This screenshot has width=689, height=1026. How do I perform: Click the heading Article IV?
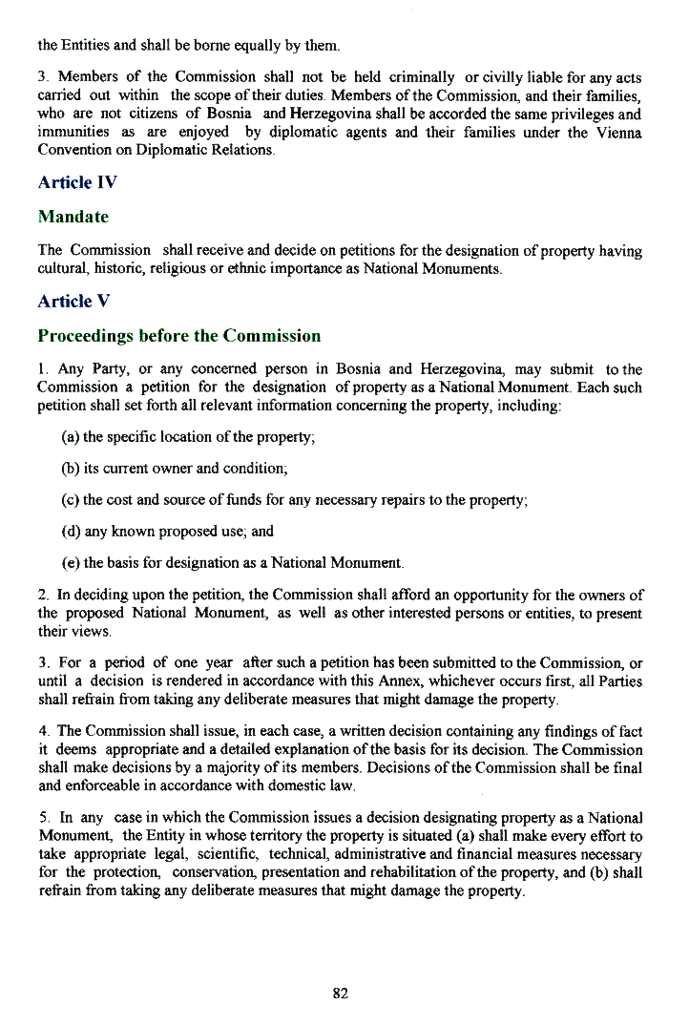(x=77, y=181)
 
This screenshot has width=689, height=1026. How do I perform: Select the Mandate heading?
(x=73, y=217)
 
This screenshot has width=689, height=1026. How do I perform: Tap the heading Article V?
(x=73, y=301)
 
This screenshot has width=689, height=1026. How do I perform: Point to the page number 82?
(x=341, y=993)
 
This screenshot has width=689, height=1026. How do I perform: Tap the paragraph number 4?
(x=43, y=731)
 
